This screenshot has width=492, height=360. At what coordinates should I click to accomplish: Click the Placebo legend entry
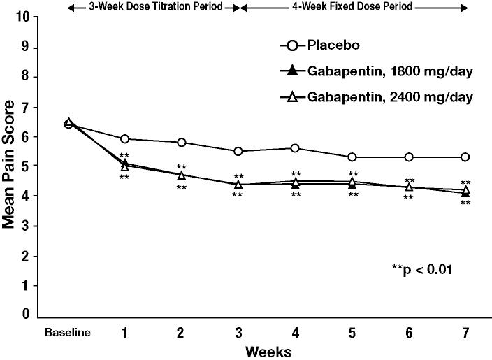pyautogui.click(x=333, y=47)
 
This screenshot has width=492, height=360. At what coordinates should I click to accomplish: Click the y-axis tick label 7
pyautogui.click(x=26, y=106)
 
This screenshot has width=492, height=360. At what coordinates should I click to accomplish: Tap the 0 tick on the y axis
pyautogui.click(x=26, y=315)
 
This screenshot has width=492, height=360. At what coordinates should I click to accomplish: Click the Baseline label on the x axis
pyautogui.click(x=68, y=332)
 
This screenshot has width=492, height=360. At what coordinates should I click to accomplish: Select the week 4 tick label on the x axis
pyautogui.click(x=296, y=332)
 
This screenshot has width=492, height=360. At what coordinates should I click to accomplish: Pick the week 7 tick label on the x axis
pyautogui.click(x=466, y=332)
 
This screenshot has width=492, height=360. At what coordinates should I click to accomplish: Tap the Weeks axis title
pyautogui.click(x=268, y=350)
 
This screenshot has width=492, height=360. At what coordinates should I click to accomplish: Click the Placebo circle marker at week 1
pyautogui.click(x=124, y=139)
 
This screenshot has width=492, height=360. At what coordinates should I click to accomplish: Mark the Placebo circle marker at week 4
pyautogui.click(x=296, y=148)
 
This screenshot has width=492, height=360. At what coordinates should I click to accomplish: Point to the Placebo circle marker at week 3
pyautogui.click(x=238, y=151)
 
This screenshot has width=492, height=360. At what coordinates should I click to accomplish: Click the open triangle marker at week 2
pyautogui.click(x=182, y=174)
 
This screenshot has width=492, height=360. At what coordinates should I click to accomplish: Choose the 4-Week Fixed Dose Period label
pyautogui.click(x=352, y=8)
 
